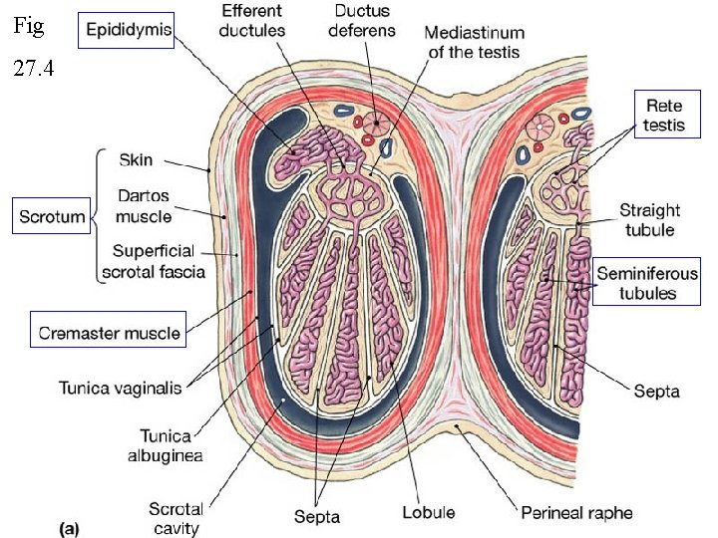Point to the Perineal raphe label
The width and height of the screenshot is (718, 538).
[x=576, y=514]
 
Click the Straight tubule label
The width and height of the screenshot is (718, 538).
[x=649, y=220]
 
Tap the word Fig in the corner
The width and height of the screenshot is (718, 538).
[x=30, y=27]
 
